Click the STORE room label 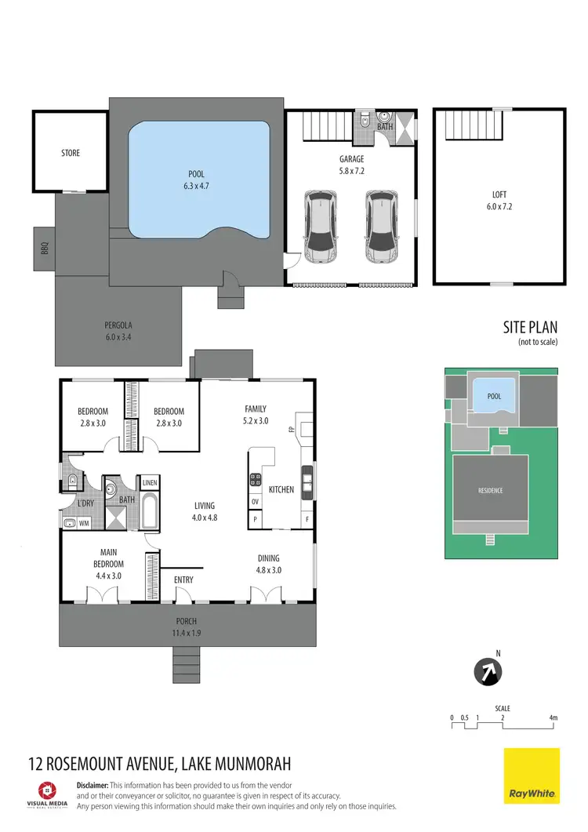71,153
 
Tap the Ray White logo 532,776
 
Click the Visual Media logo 48,793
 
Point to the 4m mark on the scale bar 554,718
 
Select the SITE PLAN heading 529,328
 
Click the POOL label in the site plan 494,396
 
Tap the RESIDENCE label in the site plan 490,491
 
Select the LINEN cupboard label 149,482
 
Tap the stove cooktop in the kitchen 256,479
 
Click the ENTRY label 183,579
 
